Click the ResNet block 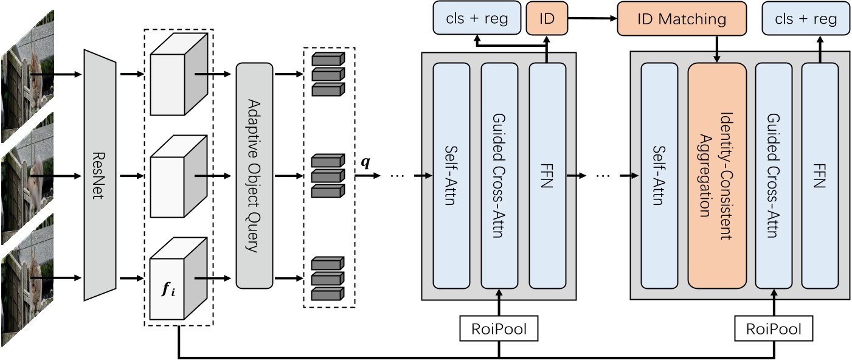99,175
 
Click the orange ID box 547,18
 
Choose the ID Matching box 681,18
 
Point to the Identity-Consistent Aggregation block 717,175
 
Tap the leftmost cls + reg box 478,18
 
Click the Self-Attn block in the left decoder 451,175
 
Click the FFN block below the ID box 547,175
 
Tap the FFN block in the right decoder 820,175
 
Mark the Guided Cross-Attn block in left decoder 499,175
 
